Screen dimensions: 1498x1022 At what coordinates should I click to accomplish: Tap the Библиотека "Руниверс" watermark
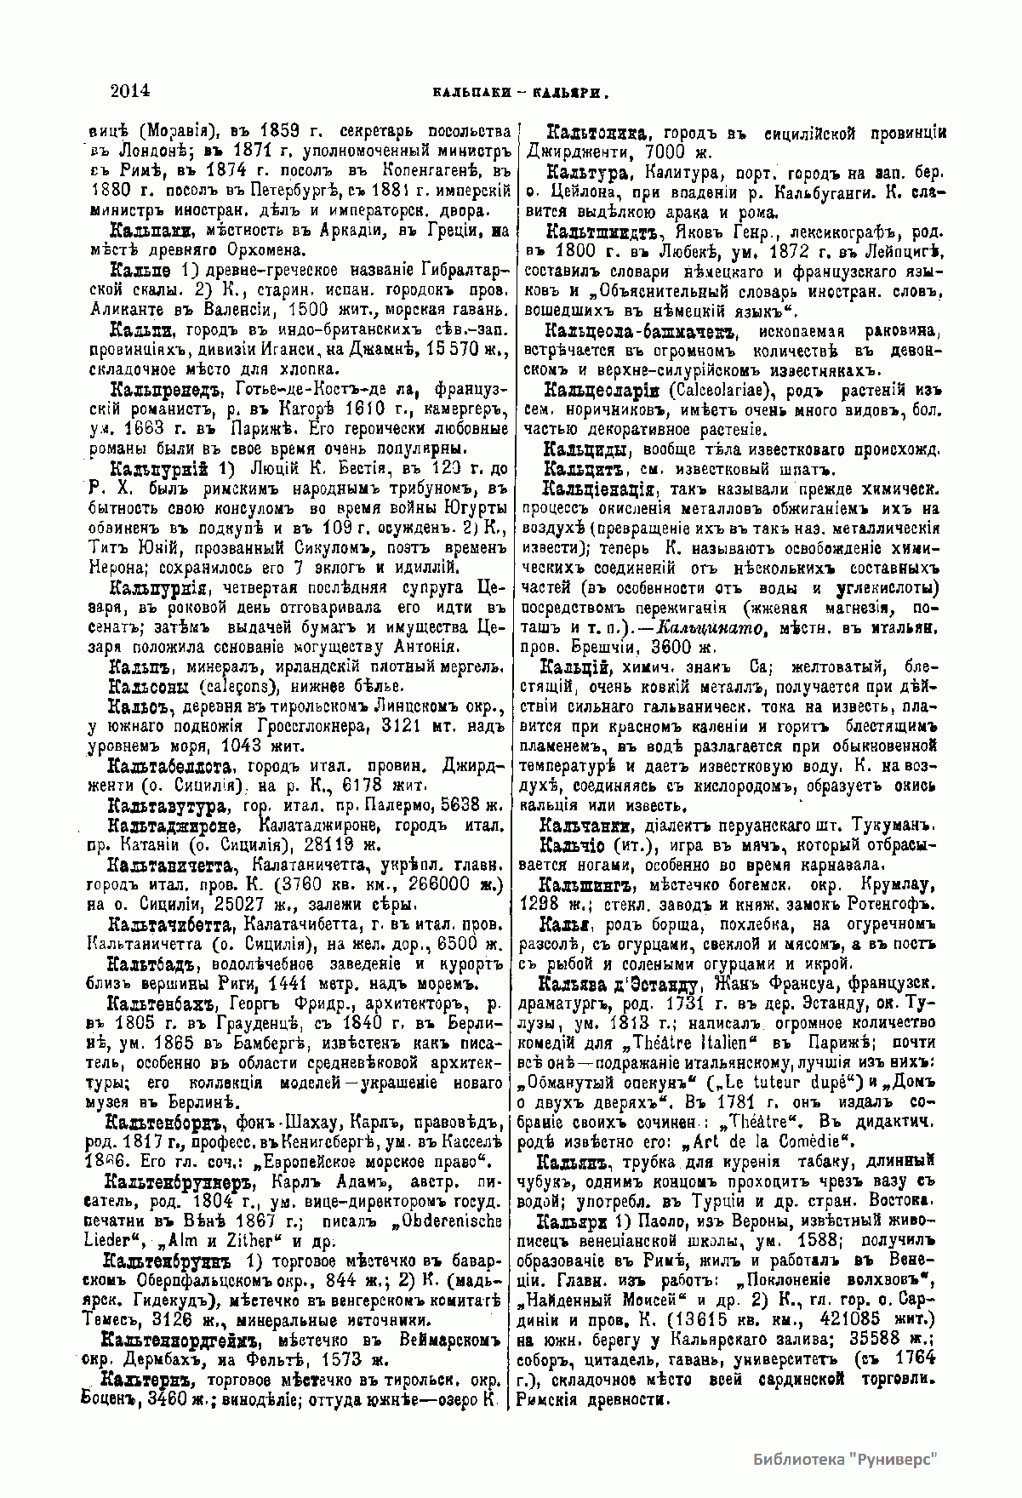[845, 1459]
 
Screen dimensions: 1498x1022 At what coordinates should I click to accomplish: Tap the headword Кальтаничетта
[169, 866]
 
